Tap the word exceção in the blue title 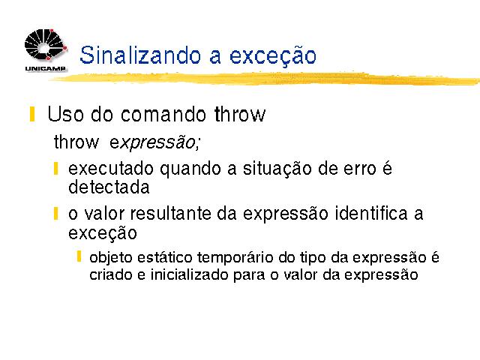273,56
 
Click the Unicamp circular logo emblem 45,45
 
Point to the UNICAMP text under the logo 45,68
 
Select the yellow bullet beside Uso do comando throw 32,114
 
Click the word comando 163,114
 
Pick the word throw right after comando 240,114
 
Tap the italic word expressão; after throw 154,142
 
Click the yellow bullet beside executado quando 55,169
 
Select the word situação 277,169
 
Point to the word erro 360,169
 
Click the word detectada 109,187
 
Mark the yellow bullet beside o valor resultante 55,213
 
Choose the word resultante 171,213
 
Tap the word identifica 371,213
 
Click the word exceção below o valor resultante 102,233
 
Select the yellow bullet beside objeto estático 79,256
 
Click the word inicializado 189,274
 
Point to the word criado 111,274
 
